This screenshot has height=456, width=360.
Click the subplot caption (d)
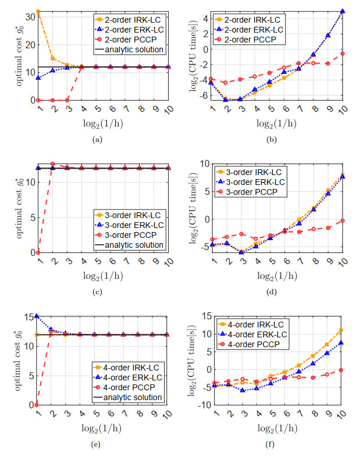click(272, 291)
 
